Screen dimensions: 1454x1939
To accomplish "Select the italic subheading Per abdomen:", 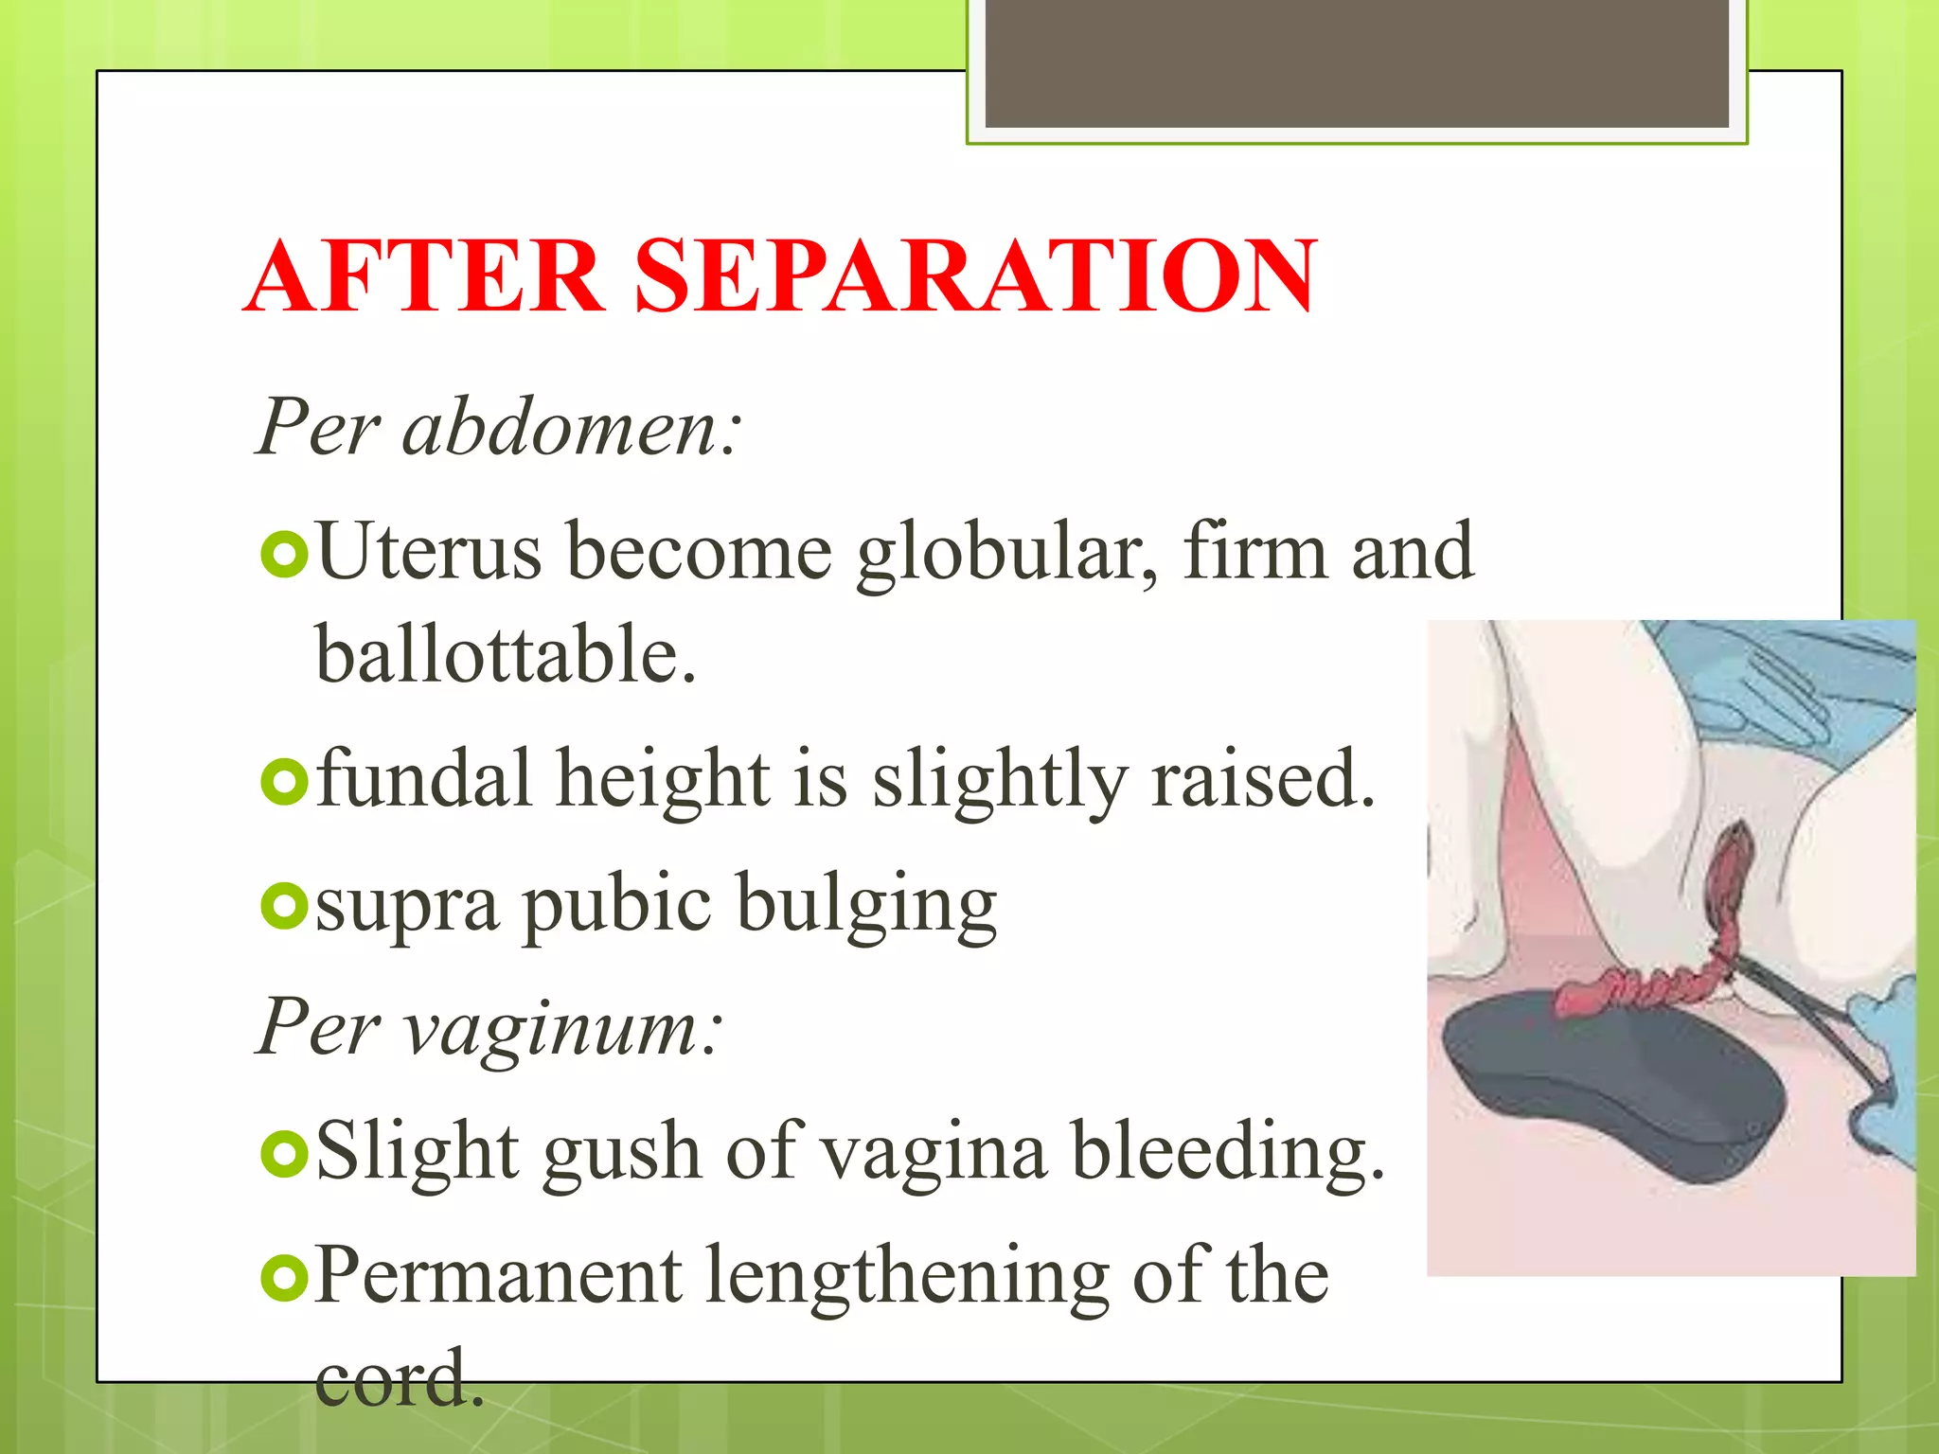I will pyautogui.click(x=499, y=428).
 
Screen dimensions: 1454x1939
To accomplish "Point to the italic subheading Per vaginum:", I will pyautogui.click(x=490, y=1026).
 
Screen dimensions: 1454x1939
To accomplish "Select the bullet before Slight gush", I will pyautogui.click(x=283, y=1153).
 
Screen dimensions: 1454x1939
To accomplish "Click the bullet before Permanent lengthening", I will pyautogui.click(x=283, y=1278).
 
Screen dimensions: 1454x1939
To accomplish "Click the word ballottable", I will pyautogui.click(x=506, y=654).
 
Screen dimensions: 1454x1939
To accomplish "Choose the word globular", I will pyautogui.click(x=1007, y=554).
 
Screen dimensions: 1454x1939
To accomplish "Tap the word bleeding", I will pyautogui.click(x=1228, y=1152).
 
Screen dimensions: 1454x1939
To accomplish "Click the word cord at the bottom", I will pyautogui.click(x=398, y=1379).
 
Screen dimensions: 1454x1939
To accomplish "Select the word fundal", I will pyautogui.click(x=423, y=779).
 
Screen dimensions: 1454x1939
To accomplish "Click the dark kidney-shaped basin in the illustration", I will pyautogui.click(x=1610, y=1089).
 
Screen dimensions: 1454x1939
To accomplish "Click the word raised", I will pyautogui.click(x=1262, y=779).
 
